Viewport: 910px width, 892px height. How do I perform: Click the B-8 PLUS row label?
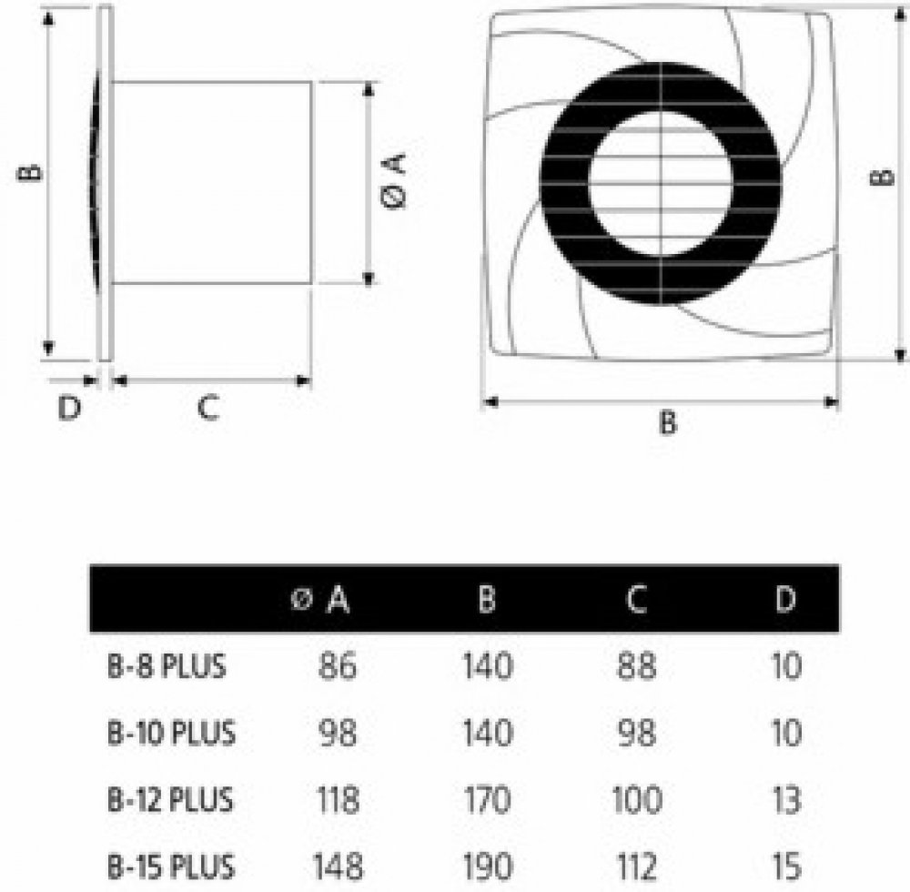167,665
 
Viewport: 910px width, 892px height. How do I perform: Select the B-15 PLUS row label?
171,867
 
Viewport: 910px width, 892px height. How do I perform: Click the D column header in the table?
785,599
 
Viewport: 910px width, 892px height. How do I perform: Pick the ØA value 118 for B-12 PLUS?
338,800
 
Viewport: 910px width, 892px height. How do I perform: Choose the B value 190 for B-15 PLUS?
488,867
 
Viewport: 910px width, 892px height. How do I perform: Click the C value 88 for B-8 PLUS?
637,665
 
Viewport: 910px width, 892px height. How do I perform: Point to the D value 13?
786,800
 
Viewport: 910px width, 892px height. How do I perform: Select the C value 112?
637,867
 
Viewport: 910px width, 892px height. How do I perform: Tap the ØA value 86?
338,665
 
